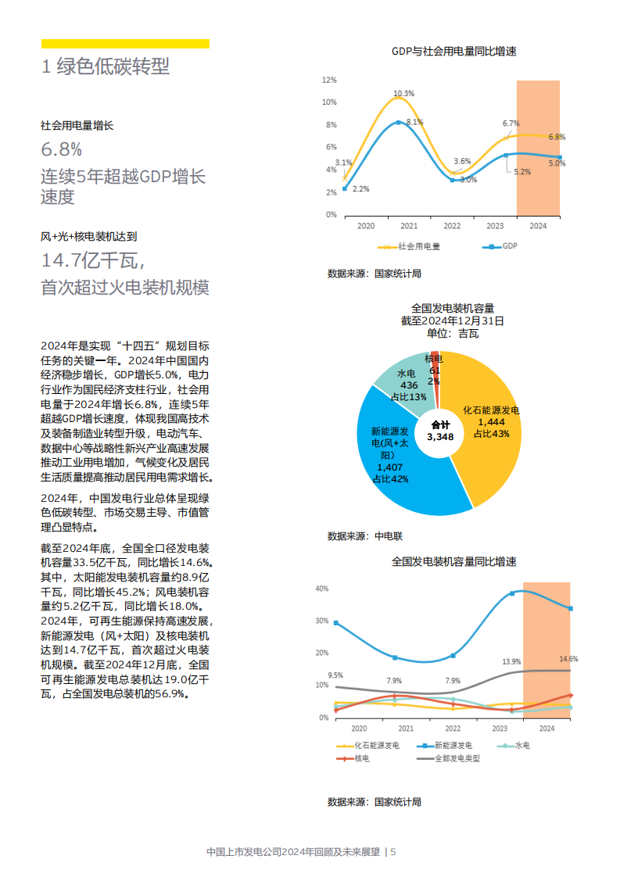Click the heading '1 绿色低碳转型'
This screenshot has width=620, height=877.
(105, 67)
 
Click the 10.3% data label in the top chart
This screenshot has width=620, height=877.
(403, 93)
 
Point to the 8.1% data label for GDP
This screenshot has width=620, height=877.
(414, 122)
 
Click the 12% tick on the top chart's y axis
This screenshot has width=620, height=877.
(329, 80)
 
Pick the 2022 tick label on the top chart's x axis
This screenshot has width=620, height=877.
(452, 226)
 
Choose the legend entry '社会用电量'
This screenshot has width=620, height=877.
(418, 246)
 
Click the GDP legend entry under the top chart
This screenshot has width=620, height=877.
(509, 246)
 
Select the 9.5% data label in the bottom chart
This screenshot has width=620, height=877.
(335, 675)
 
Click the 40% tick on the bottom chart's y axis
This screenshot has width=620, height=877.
(321, 589)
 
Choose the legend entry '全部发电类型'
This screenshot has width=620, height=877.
(457, 757)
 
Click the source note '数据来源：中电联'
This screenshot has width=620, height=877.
(364, 536)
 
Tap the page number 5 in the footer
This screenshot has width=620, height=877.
(393, 852)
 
